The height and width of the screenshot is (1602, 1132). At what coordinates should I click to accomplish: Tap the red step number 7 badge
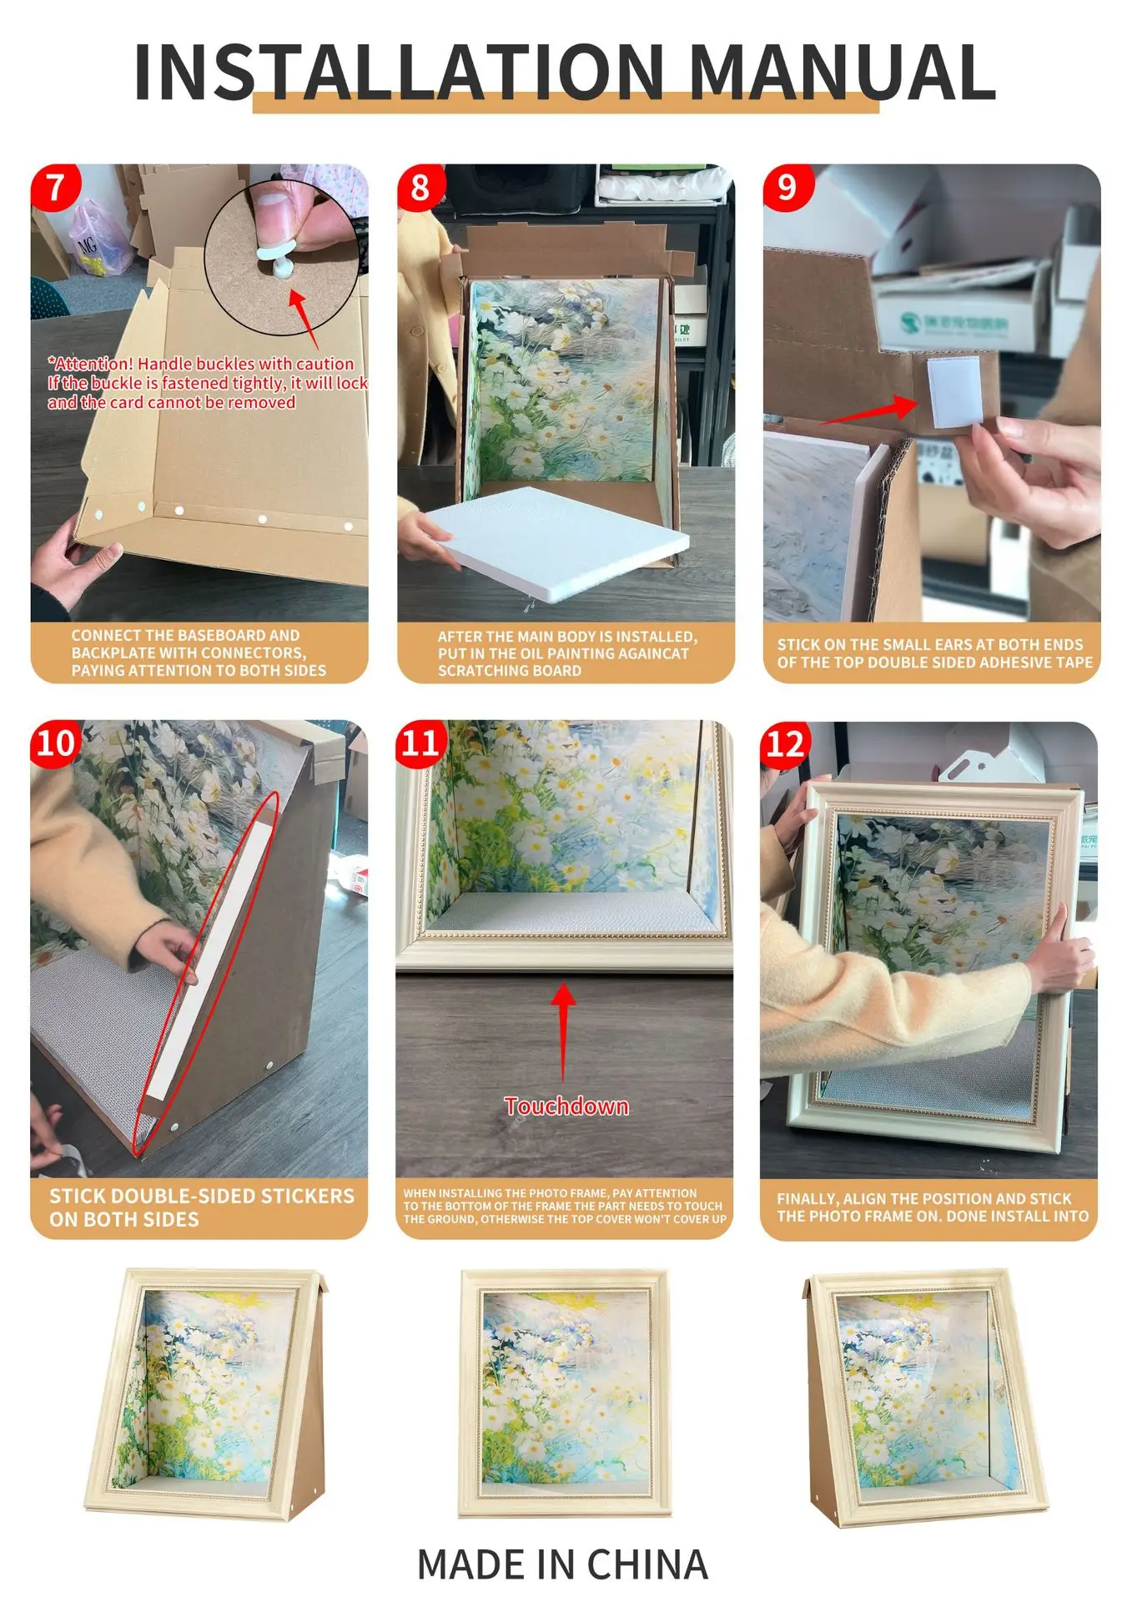pos(56,187)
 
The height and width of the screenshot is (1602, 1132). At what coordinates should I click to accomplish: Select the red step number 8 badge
pos(420,187)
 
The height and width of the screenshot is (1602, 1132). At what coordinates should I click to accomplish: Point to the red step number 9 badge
pos(787,187)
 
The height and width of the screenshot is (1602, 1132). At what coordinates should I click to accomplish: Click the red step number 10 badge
pos(55,743)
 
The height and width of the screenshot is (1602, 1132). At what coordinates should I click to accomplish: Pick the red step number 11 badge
pos(420,743)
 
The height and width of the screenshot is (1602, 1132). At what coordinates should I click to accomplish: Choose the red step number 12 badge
pos(785,743)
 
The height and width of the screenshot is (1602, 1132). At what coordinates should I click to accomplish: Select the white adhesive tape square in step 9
pos(952,391)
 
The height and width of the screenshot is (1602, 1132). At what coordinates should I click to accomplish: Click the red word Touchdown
pos(566,1106)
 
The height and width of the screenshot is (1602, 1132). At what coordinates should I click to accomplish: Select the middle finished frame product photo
pos(566,1393)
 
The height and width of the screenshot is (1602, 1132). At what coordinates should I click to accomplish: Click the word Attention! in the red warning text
pos(91,364)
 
